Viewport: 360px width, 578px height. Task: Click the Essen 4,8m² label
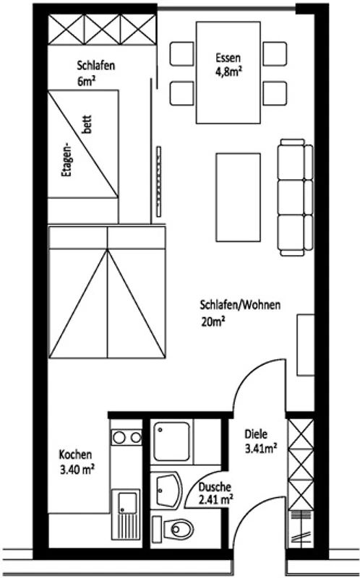coord(228,64)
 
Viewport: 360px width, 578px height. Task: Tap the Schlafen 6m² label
coord(96,73)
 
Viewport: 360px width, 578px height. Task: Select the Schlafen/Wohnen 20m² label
coord(240,313)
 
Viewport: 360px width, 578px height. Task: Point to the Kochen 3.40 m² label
coord(77,462)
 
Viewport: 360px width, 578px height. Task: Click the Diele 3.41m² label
coord(260,441)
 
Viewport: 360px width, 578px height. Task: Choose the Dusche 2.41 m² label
coord(215,493)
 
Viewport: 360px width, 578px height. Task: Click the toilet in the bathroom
coord(173,530)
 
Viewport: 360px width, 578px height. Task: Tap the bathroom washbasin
coord(168,491)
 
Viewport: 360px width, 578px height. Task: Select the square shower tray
coord(172,441)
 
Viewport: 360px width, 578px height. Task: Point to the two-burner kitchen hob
coord(127,438)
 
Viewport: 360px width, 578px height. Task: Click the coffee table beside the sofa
coord(239,197)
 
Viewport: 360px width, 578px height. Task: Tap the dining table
coord(228,72)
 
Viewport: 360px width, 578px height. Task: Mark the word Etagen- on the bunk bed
coord(67,161)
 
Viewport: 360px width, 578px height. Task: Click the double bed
coord(107,293)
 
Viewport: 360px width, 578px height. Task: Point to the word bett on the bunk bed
coord(87,124)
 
